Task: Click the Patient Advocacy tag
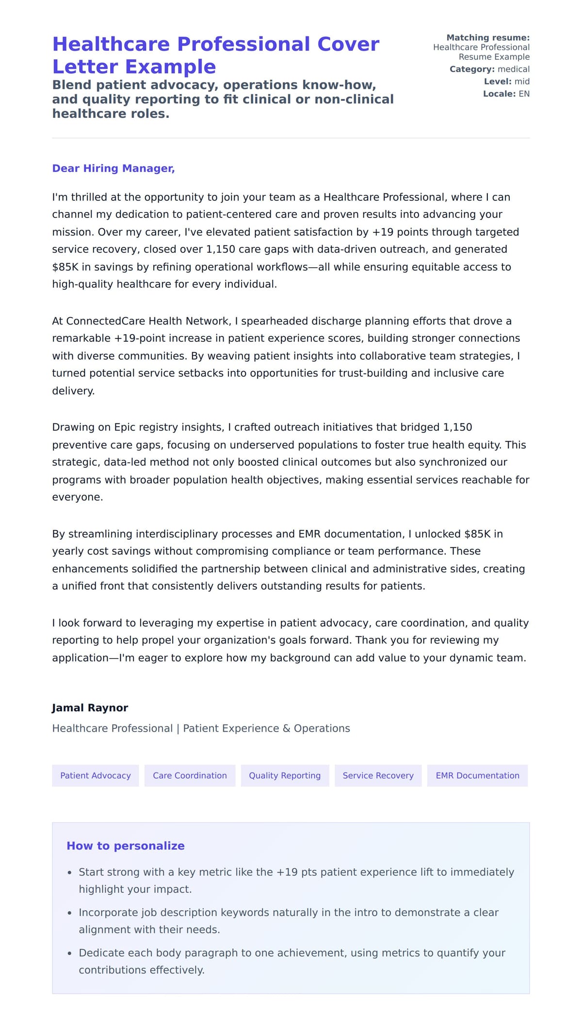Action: coord(96,775)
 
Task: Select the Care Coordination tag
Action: coord(190,775)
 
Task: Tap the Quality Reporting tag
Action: coord(285,775)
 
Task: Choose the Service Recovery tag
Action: coord(378,775)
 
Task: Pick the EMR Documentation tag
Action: coord(477,775)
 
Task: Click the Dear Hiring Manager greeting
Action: coord(113,168)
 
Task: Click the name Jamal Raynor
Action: coord(90,707)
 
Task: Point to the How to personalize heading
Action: coord(126,846)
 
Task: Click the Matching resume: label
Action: coord(488,37)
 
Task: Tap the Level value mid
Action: coord(522,81)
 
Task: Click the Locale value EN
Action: coord(524,94)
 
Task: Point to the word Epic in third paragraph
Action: coord(125,427)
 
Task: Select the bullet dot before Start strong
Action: coord(69,873)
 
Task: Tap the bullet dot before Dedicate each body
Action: coord(69,953)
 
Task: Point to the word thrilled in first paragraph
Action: coord(90,197)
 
